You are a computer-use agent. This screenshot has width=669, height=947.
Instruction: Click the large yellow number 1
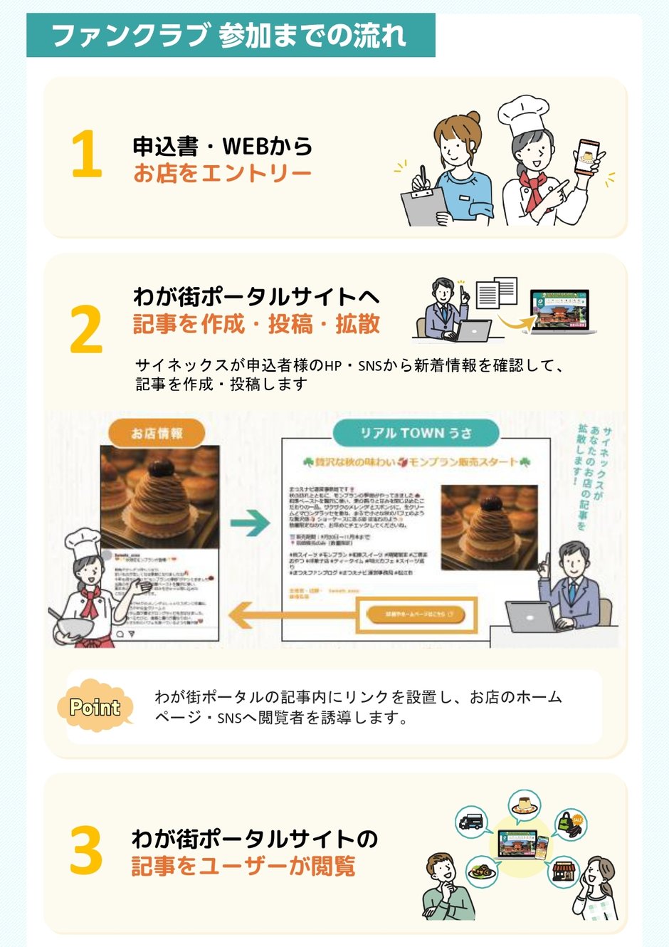pyautogui.click(x=87, y=155)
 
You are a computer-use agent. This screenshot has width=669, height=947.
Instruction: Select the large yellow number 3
pyautogui.click(x=86, y=850)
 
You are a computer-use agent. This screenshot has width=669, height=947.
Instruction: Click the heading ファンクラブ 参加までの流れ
pyautogui.click(x=229, y=36)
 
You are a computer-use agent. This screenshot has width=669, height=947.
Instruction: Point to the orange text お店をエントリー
pyautogui.click(x=222, y=173)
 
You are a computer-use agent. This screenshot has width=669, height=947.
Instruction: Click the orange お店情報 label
pyautogui.click(x=157, y=433)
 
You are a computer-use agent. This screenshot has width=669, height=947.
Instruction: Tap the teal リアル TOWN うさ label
pyautogui.click(x=416, y=433)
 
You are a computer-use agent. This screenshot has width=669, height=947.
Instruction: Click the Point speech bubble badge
pyautogui.click(x=95, y=706)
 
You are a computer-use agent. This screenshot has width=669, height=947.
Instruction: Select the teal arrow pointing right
pyautogui.click(x=250, y=524)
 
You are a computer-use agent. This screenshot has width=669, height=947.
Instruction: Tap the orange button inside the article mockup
pyautogui.click(x=415, y=614)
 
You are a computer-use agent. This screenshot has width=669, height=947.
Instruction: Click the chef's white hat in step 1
pyautogui.click(x=522, y=115)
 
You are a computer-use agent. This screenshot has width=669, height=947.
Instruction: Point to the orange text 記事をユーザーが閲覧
pyautogui.click(x=243, y=867)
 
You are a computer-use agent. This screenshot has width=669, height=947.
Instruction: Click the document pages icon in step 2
pyautogui.click(x=496, y=292)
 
